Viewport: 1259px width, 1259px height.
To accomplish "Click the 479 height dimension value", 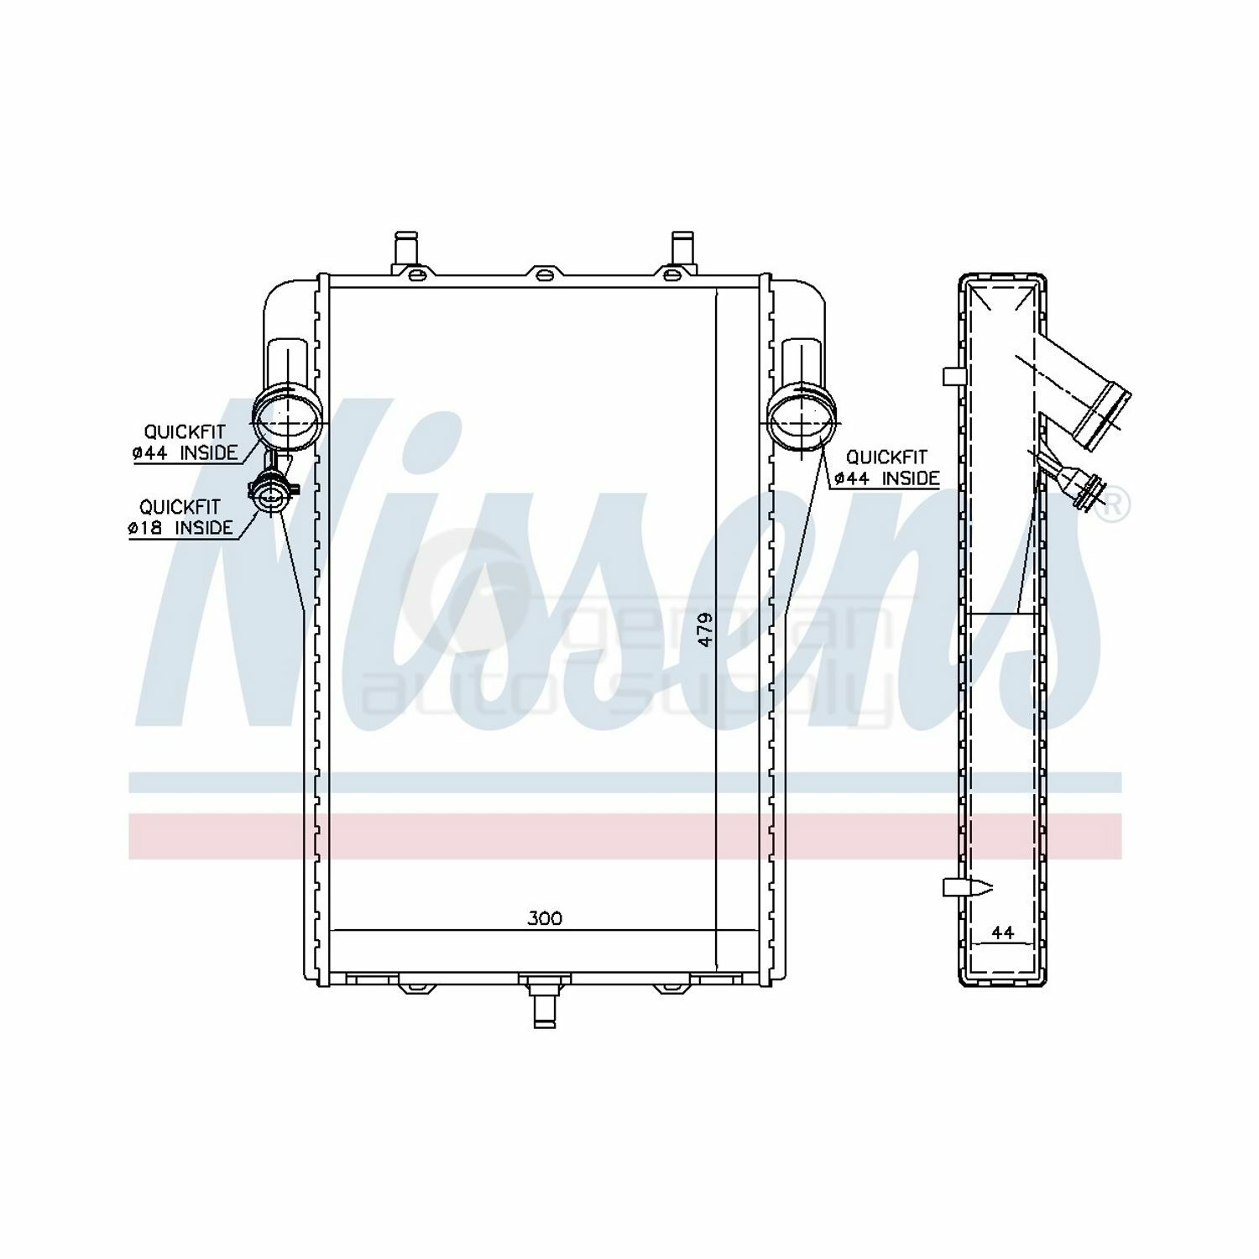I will click(x=705, y=629).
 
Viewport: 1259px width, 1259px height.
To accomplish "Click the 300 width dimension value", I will click(x=545, y=918).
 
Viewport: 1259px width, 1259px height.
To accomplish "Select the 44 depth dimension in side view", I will click(x=1002, y=932).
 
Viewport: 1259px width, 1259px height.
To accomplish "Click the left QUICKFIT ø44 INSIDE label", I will click(x=187, y=442).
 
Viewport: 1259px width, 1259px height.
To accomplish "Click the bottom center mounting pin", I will click(x=544, y=1008).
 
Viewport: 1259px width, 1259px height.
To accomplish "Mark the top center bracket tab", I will click(x=544, y=274).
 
